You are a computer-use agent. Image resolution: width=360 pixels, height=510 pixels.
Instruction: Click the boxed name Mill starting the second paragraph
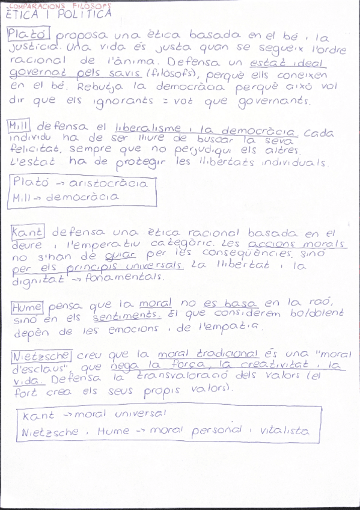(20, 126)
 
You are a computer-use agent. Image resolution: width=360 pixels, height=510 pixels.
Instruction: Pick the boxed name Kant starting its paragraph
(26, 231)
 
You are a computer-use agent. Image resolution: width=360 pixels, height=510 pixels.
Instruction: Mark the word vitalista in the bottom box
(282, 431)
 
